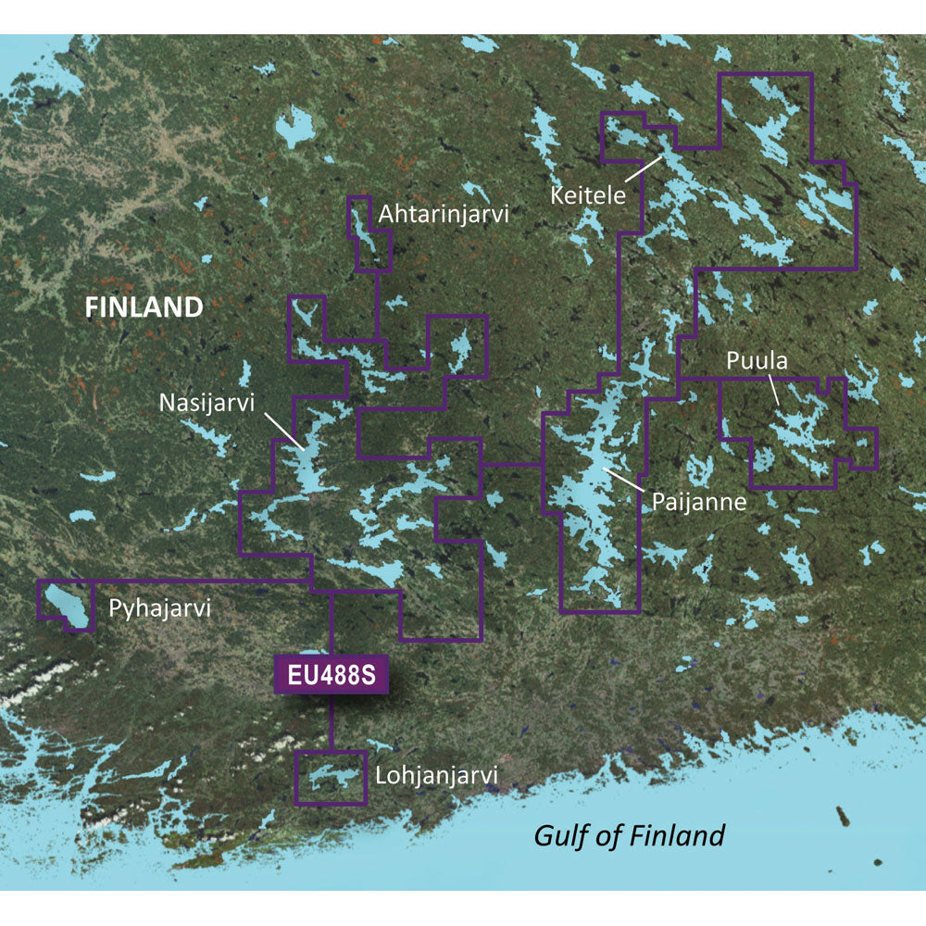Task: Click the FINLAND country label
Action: (144, 307)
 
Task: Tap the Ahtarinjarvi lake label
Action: (444, 215)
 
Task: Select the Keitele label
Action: (588, 195)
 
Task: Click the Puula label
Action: (757, 361)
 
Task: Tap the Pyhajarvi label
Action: (160, 609)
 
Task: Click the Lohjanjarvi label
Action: (437, 773)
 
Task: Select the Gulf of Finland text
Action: (630, 835)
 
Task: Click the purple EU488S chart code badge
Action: (331, 674)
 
